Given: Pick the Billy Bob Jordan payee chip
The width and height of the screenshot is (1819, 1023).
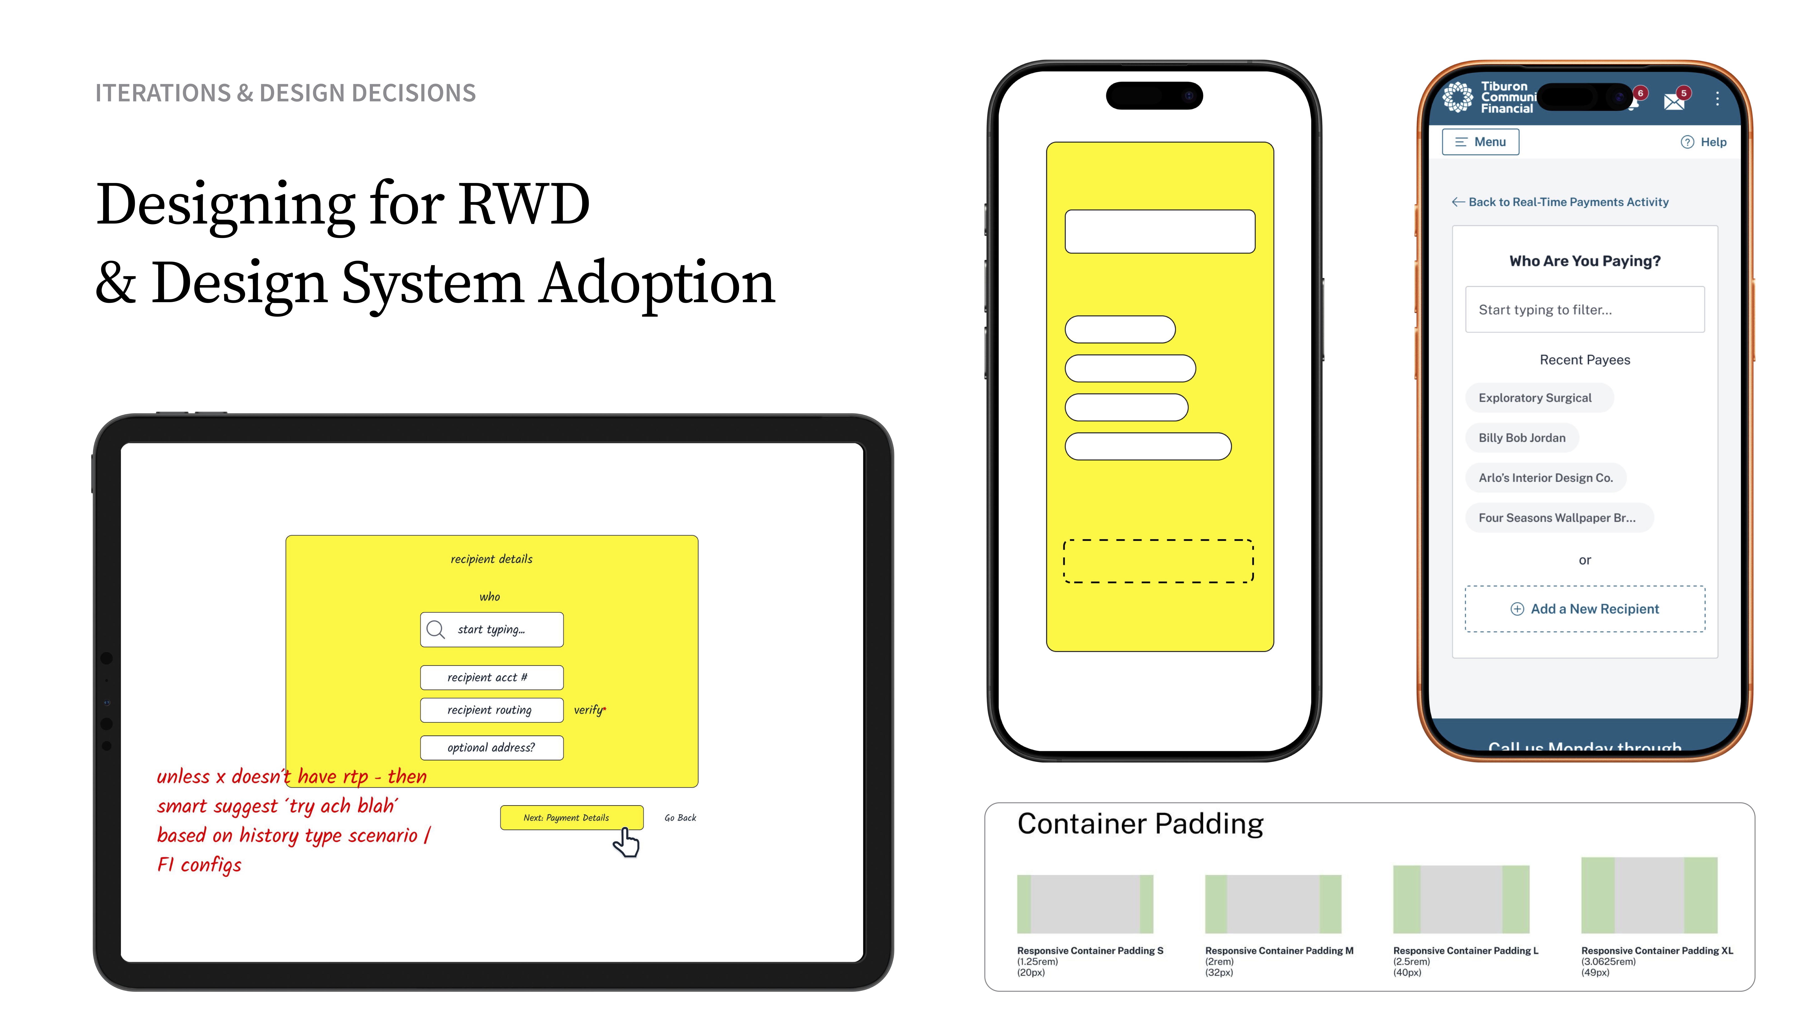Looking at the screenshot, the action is [1522, 438].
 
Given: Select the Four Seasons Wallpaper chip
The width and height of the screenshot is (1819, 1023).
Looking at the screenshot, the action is [1557, 517].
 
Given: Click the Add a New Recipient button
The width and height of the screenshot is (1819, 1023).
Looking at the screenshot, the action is [1585, 609].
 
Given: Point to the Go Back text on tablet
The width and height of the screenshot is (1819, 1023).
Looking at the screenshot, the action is [680, 817].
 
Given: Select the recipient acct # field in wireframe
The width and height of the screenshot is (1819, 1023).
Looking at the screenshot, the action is [491, 677].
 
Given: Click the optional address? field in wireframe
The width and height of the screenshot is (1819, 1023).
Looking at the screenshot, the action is [491, 748].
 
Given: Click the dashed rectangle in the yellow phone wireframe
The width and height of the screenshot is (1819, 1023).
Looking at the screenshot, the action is [1158, 561].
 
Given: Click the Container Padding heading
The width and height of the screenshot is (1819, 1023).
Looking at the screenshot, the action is [1140, 824].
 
